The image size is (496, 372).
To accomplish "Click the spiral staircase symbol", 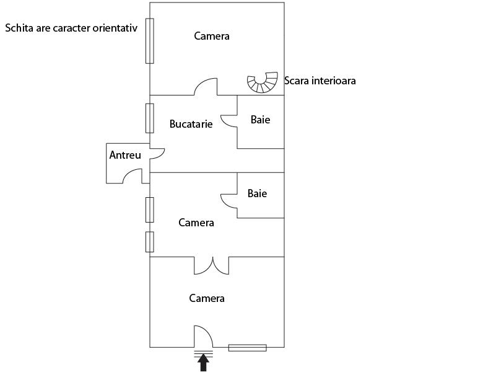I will (x=263, y=82).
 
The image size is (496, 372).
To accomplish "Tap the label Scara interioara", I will (x=320, y=81).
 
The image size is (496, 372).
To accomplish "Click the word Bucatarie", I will (x=191, y=124).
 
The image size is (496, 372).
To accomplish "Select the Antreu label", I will (x=125, y=155).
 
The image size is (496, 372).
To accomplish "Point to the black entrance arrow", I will (x=203, y=364).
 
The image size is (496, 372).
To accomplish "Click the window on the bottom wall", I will (x=247, y=348).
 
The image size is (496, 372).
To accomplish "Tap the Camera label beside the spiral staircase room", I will (x=212, y=36).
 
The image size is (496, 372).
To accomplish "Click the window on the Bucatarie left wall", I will (x=149, y=118).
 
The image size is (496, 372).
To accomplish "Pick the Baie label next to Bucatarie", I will (x=260, y=120).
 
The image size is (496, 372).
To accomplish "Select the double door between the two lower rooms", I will (x=212, y=267).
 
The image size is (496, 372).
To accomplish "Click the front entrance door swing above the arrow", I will (x=204, y=337).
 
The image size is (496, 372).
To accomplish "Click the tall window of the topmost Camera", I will (x=149, y=41).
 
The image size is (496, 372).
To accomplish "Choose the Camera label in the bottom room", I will (x=207, y=298).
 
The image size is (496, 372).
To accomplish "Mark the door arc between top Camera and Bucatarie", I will (x=206, y=87).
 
